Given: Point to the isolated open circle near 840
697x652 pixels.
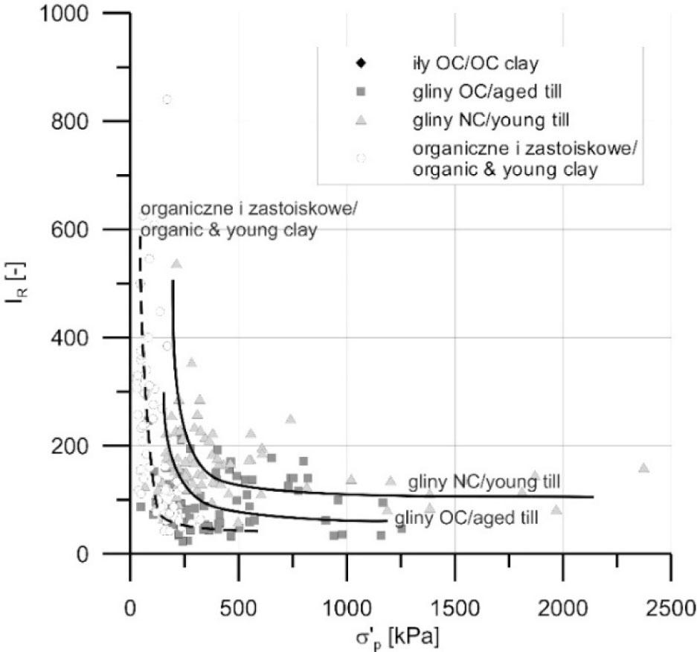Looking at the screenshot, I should coord(167,100).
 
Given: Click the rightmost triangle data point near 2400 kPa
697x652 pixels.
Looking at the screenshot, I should coord(643,468).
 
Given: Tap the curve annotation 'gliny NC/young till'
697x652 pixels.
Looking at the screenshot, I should coord(484,481).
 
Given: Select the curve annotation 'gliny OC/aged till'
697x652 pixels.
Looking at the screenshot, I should coord(466,517).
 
